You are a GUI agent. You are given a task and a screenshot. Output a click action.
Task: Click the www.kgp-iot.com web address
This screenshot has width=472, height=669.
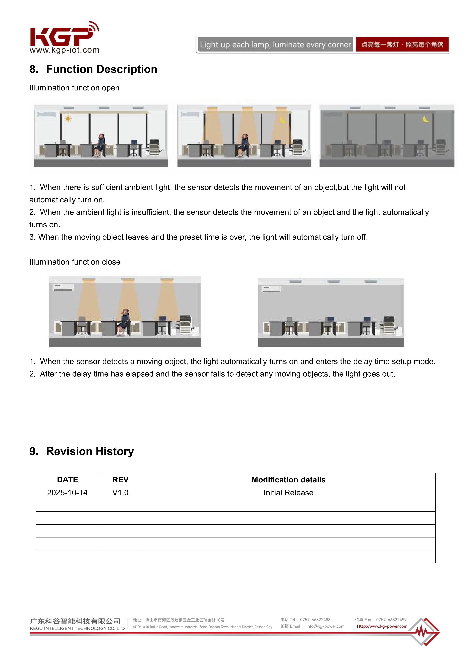click(x=64, y=50)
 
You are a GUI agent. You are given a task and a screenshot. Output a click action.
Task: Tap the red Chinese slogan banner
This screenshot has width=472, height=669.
click(x=402, y=45)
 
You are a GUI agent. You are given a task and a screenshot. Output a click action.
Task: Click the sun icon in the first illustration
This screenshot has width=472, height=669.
click(x=68, y=119)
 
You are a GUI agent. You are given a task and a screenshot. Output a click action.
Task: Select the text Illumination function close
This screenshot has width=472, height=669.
click(x=75, y=262)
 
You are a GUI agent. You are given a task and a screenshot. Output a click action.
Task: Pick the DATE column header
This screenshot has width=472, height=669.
click(x=68, y=480)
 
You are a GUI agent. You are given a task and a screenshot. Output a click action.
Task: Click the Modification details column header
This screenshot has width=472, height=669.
click(x=289, y=480)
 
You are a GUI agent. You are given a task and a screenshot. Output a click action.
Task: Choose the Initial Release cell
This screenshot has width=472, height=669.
click(x=289, y=492)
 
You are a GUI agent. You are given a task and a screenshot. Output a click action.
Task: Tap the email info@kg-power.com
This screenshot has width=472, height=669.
click(x=325, y=626)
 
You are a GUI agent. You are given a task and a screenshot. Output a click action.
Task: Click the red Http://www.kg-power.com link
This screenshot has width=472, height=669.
click(x=382, y=626)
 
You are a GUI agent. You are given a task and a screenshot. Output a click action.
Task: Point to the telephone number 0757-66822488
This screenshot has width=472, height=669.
click(x=315, y=620)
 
